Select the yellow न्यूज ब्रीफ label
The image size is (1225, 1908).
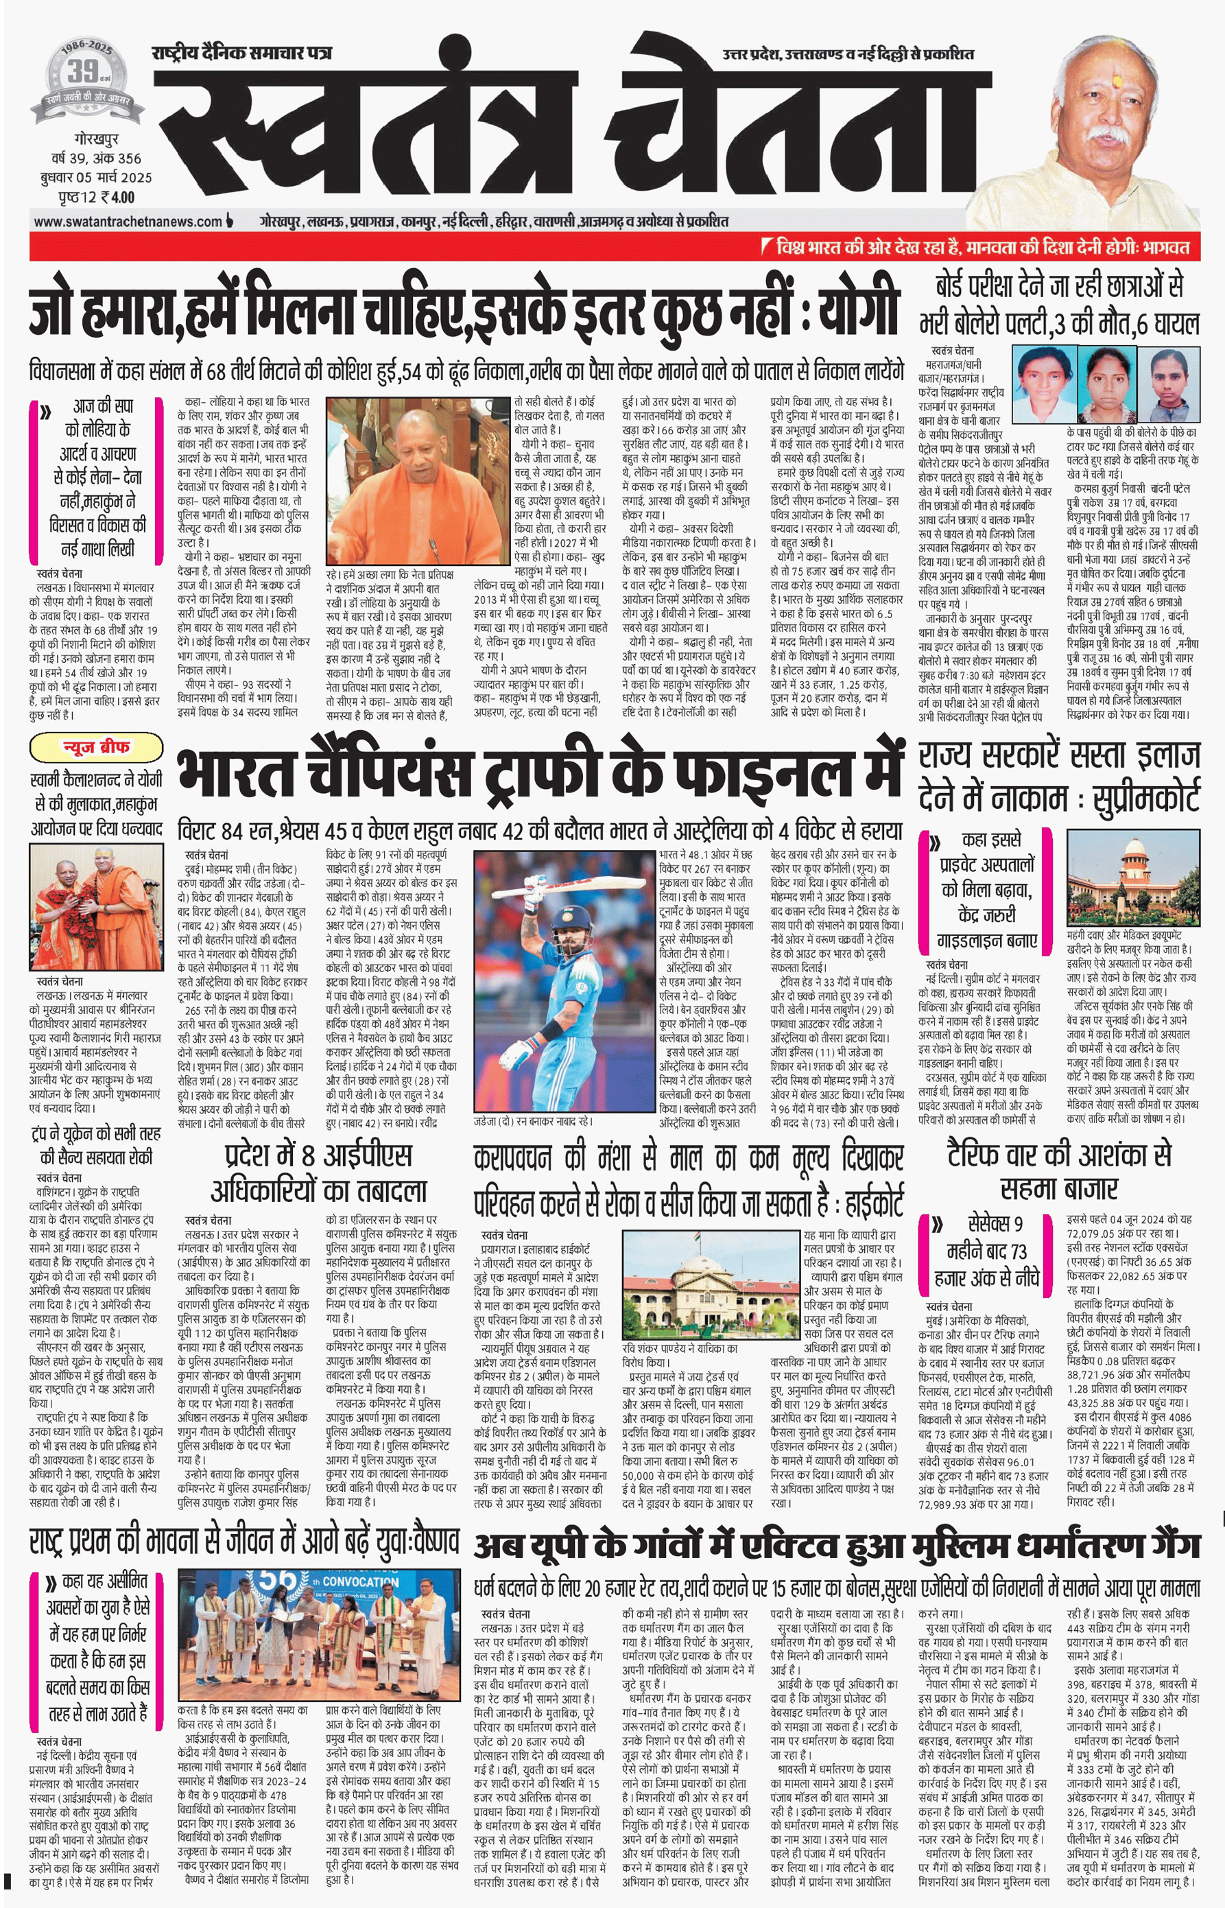(x=96, y=748)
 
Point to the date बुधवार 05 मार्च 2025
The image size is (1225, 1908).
(x=96, y=178)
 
